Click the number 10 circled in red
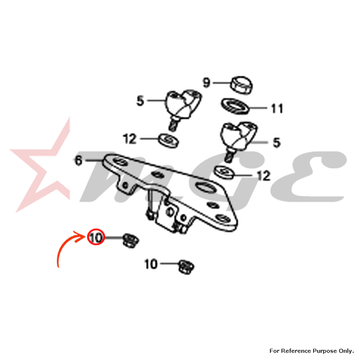(x=96, y=238)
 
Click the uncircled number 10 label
(x=151, y=264)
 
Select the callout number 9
(x=207, y=83)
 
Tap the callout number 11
(x=277, y=109)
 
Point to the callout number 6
(x=78, y=161)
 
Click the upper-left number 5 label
(x=140, y=101)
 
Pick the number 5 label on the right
(x=276, y=143)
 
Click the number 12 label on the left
(x=130, y=139)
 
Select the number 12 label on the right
(x=264, y=176)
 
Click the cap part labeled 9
(x=243, y=85)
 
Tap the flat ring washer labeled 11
(x=235, y=106)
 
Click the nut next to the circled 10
(x=131, y=240)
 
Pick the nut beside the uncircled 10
(x=186, y=267)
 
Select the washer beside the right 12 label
(x=224, y=172)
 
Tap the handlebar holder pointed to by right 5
(x=238, y=139)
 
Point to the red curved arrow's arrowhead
(x=81, y=236)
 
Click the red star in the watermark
(x=41, y=168)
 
